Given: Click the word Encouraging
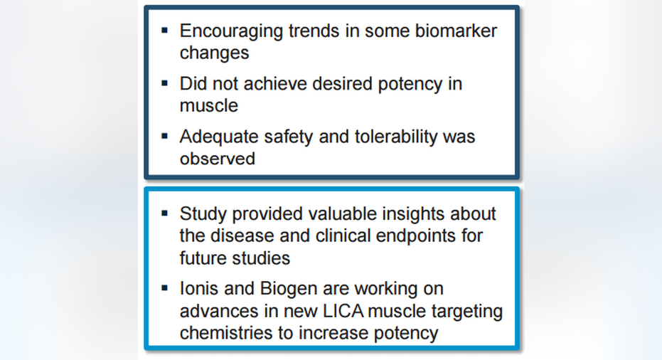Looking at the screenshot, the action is coord(231,32).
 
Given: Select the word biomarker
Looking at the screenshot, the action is coord(456,31).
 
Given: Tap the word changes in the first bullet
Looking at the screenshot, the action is coord(215,53).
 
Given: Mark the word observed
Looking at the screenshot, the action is coord(218,159).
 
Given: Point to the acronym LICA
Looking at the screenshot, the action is coord(343,311).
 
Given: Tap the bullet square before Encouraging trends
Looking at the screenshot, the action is coord(165,31).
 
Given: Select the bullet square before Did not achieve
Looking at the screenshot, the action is coord(165,83).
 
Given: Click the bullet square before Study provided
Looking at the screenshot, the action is coord(165,213).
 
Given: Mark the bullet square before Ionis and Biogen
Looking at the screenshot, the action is coord(165,288).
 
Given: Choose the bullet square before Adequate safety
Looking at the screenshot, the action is coord(165,136).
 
